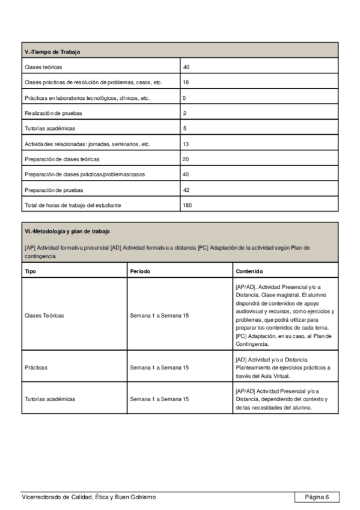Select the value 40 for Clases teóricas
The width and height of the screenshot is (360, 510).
point(186,67)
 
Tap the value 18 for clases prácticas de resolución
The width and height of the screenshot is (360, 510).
point(186,82)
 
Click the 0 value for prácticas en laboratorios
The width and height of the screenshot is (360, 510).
point(185,97)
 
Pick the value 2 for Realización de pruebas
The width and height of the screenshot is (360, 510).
point(185,113)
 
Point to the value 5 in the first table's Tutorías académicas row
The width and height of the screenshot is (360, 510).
point(185,129)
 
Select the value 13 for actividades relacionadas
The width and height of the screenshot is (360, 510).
point(186,144)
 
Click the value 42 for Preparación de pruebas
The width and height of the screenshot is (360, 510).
point(186,190)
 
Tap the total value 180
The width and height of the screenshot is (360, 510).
point(188,206)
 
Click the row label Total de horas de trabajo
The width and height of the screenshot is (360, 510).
point(73,206)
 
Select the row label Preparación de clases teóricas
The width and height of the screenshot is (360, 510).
point(62,159)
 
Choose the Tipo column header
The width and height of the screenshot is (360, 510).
point(30,271)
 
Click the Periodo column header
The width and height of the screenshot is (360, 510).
point(140,271)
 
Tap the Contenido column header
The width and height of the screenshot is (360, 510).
point(249,271)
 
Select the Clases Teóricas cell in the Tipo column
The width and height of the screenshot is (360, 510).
point(44,315)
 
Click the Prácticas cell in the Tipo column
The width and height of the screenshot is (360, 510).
point(36,367)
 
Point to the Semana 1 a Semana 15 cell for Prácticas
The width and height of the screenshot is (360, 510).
point(159,367)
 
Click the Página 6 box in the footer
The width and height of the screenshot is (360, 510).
point(317,497)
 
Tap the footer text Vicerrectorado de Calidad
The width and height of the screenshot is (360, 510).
point(88,497)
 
